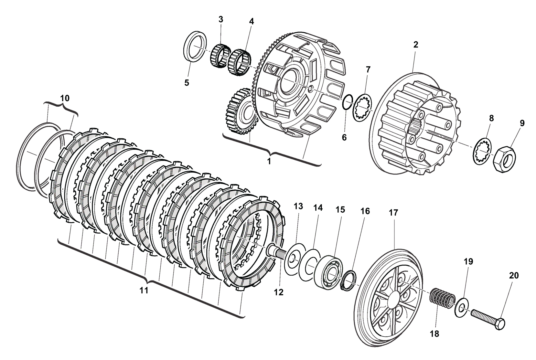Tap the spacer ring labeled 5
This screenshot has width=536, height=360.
pyautogui.click(x=195, y=46)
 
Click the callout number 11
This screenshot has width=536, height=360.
pyautogui.click(x=144, y=290)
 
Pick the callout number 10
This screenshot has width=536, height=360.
pyautogui.click(x=65, y=98)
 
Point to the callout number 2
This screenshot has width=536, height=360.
pyautogui.click(x=416, y=45)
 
